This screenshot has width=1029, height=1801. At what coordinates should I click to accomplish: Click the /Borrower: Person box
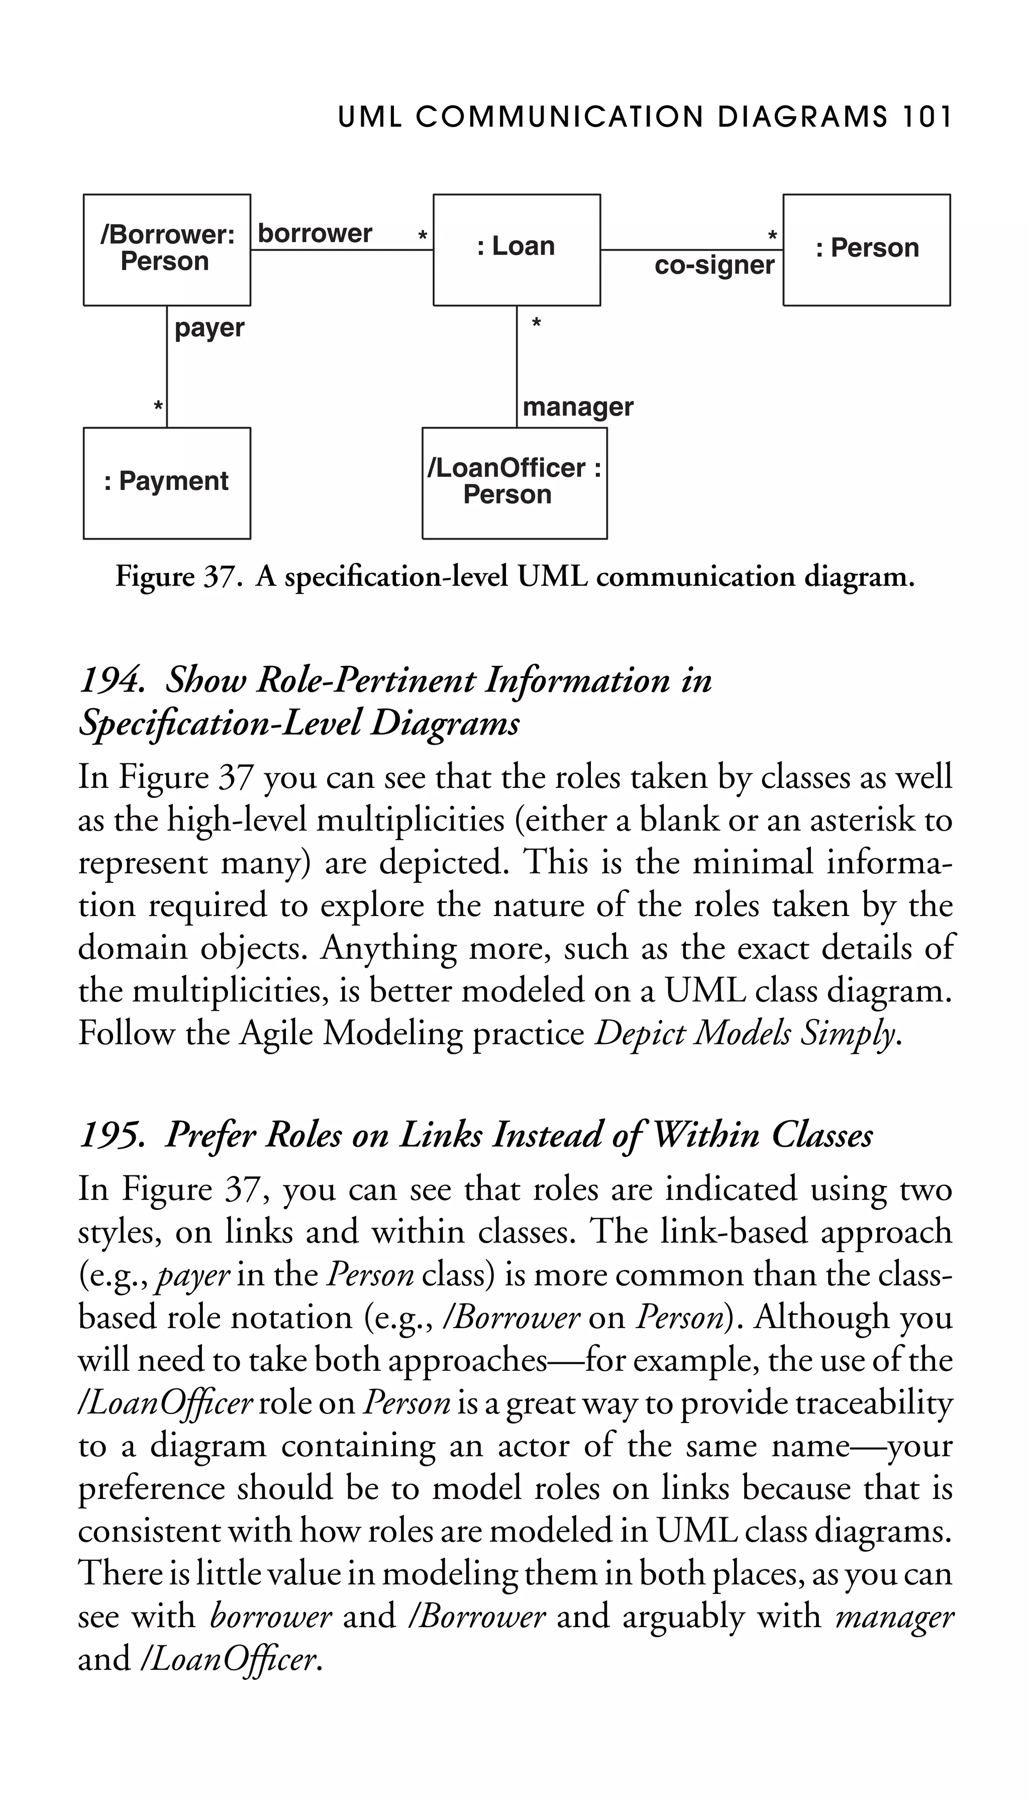167,250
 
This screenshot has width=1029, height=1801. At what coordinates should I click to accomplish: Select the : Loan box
517,250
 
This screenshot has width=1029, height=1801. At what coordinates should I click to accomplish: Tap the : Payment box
167,483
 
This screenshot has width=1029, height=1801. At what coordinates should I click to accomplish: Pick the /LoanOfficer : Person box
514,483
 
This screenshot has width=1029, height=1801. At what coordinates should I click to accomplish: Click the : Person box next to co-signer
866,250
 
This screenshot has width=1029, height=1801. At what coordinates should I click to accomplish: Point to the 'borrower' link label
315,233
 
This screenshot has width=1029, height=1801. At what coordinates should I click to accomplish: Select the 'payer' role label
209,329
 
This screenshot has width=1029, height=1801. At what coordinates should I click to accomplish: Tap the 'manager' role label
578,407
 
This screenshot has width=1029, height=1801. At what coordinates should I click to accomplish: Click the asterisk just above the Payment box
158,407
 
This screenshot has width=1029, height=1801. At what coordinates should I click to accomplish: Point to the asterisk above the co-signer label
772,235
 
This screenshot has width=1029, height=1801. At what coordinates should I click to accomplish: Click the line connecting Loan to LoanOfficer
517,367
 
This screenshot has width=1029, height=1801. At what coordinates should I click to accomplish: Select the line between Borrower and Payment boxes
167,367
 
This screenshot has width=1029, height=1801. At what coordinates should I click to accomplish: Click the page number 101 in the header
927,117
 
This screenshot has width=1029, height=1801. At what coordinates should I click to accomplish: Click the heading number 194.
112,681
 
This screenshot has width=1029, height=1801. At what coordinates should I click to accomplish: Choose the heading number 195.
112,1136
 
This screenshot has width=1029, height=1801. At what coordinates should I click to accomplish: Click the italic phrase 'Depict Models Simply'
747,1034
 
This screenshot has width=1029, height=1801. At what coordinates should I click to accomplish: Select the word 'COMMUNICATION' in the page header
560,117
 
